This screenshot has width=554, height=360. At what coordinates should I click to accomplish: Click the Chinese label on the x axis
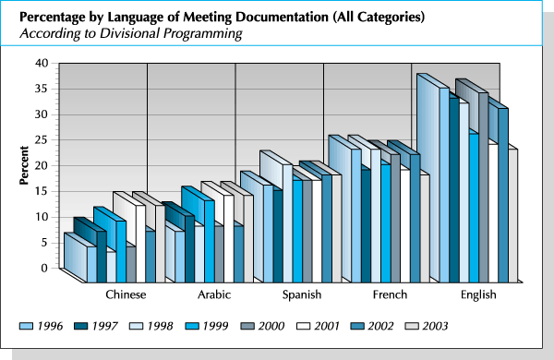126,294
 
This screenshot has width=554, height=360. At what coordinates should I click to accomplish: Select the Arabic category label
214,294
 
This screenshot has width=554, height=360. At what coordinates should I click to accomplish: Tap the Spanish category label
301,294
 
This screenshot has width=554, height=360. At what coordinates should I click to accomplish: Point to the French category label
389,294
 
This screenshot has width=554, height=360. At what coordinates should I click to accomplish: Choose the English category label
478,294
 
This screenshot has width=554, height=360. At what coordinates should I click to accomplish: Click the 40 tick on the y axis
42,63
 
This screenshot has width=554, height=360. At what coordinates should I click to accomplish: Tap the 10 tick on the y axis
42,217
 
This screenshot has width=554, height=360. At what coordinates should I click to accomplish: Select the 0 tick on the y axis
44,268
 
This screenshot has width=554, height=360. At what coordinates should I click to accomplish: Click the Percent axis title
25,166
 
